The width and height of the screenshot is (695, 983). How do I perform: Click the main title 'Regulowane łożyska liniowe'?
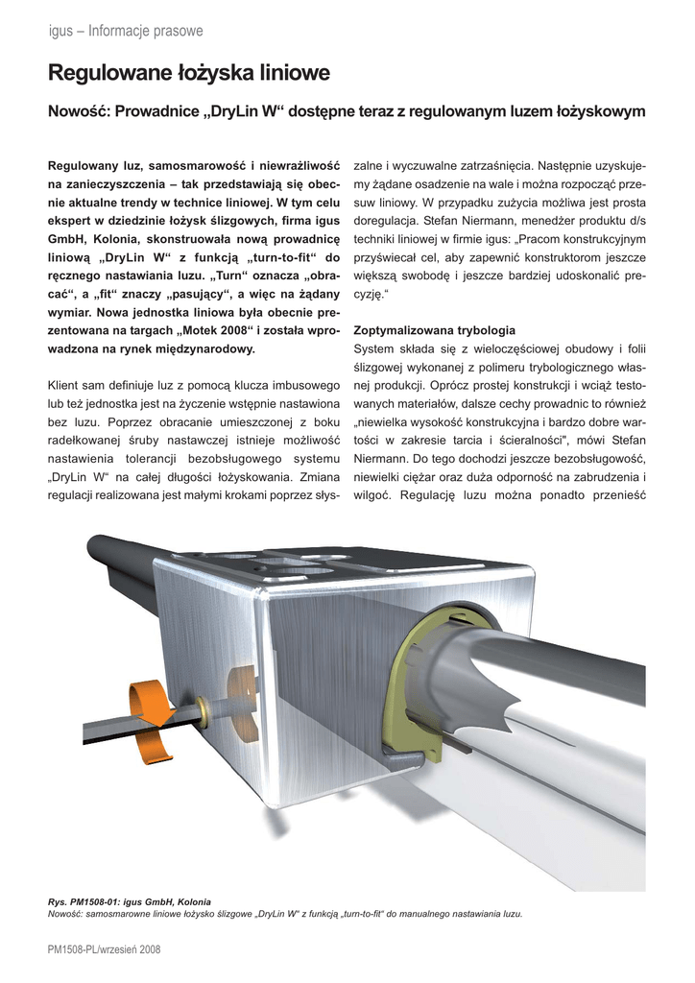click(189, 73)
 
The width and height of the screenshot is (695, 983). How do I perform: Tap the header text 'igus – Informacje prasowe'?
click(125, 32)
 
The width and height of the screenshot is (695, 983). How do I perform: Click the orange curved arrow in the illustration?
click(155, 701)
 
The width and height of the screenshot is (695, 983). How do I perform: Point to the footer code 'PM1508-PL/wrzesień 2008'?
click(105, 949)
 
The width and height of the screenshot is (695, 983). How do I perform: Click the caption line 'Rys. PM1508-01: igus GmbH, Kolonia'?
click(130, 901)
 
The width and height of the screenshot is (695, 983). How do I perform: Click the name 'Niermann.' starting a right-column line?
click(382, 459)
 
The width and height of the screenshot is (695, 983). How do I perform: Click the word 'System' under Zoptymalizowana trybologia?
click(374, 348)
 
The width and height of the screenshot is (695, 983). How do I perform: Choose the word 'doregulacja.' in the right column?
click(390, 221)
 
